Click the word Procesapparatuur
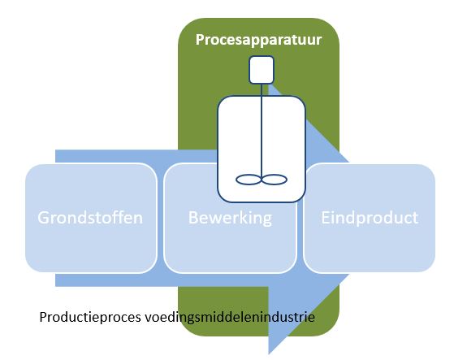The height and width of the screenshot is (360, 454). coord(258,40)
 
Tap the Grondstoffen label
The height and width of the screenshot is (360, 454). coord(90,218)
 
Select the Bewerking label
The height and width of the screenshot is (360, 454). coord(230,218)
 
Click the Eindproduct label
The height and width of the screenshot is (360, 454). coord(370,218)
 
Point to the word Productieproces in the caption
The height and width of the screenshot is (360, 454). coord(90,317)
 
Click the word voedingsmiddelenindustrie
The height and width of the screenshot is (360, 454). coord(230,317)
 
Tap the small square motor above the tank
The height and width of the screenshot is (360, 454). coord(262,70)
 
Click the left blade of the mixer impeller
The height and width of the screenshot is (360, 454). coord(249,180)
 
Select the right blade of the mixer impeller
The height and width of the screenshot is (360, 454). coord(275,180)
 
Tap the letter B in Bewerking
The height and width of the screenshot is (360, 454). coord(193,218)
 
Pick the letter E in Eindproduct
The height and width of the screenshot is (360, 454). coord(326,218)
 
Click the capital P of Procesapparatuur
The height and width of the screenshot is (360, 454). coord(200,40)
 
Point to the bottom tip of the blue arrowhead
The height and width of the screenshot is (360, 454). coord(269,354)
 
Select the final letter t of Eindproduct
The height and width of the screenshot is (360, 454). coord(415,219)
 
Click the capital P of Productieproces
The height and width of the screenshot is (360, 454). coord(43,317)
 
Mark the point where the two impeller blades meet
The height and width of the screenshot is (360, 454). coord(262,180)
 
